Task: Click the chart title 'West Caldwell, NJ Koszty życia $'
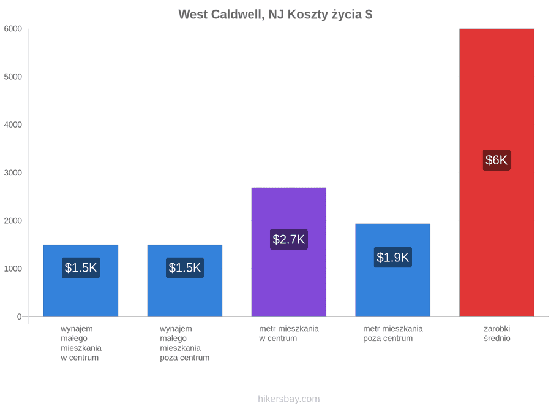click(x=275, y=15)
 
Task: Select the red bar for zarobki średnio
click(x=497, y=172)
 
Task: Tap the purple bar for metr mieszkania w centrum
click(x=289, y=252)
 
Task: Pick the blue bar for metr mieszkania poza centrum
click(x=393, y=270)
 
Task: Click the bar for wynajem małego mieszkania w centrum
click(x=81, y=280)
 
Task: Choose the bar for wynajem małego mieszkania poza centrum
click(x=185, y=280)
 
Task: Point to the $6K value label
click(x=497, y=160)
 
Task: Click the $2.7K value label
click(x=289, y=239)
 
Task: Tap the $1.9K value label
click(x=393, y=258)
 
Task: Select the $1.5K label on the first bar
click(x=81, y=267)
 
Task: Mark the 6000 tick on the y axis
click(x=13, y=29)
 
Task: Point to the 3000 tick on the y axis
click(x=13, y=172)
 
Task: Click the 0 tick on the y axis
click(x=20, y=316)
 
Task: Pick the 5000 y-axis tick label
click(x=13, y=77)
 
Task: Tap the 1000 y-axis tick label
click(x=13, y=269)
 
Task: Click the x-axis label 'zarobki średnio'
click(x=497, y=334)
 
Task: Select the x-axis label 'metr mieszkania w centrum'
click(x=289, y=334)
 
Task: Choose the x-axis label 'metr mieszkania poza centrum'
click(x=393, y=334)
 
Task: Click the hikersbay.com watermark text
click(x=289, y=399)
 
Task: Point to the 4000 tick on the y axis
click(x=13, y=125)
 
